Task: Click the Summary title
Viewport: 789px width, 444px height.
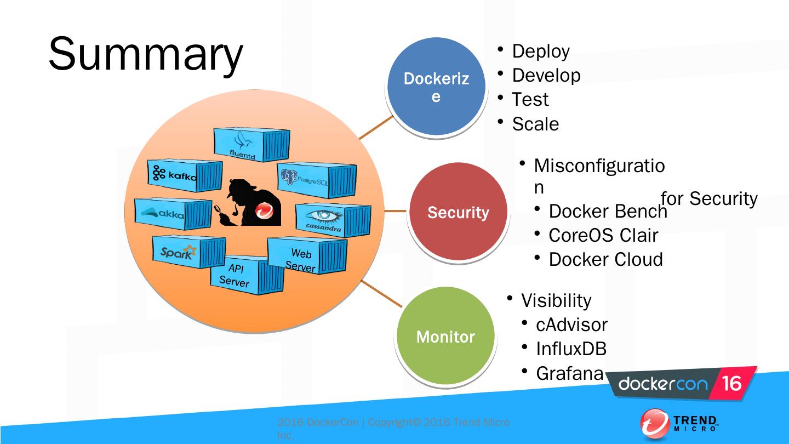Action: coord(145,55)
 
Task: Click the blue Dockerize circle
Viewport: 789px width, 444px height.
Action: coord(436,87)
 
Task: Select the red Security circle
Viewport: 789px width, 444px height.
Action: coord(458,212)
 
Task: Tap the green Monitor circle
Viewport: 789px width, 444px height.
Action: coord(445,336)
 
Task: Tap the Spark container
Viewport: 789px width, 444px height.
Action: coord(187,252)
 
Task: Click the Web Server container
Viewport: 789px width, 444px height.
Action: coord(306,256)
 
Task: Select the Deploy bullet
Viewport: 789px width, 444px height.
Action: coord(541,52)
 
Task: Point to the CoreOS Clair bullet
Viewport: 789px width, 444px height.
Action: coord(603,235)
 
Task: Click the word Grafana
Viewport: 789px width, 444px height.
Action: coord(569,373)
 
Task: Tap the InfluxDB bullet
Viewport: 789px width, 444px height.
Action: coord(571,349)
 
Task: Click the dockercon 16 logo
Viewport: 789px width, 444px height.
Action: coord(682,384)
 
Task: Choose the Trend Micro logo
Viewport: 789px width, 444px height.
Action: coord(679,424)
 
